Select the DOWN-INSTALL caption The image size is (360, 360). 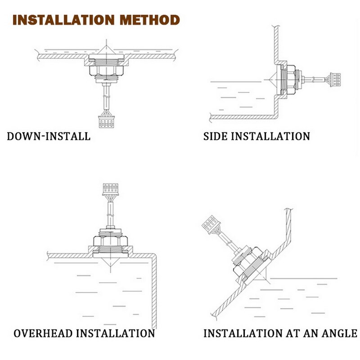pos(49,136)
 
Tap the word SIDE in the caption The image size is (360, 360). pos(216,136)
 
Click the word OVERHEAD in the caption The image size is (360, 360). pos(43,333)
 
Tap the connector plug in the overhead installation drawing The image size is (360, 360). pos(110,188)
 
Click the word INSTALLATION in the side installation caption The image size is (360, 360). pos(270,136)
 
